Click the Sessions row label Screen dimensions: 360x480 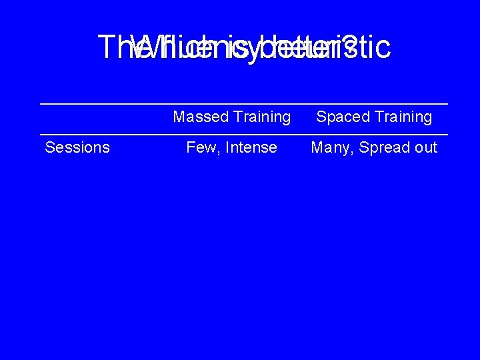(77, 147)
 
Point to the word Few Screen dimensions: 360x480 (199, 147)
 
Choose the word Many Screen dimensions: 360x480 (329, 147)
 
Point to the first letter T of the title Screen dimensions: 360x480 (105, 47)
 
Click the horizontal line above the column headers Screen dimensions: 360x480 (243, 104)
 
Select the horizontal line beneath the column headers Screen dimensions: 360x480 (243, 134)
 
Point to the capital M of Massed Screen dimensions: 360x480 (179, 117)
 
